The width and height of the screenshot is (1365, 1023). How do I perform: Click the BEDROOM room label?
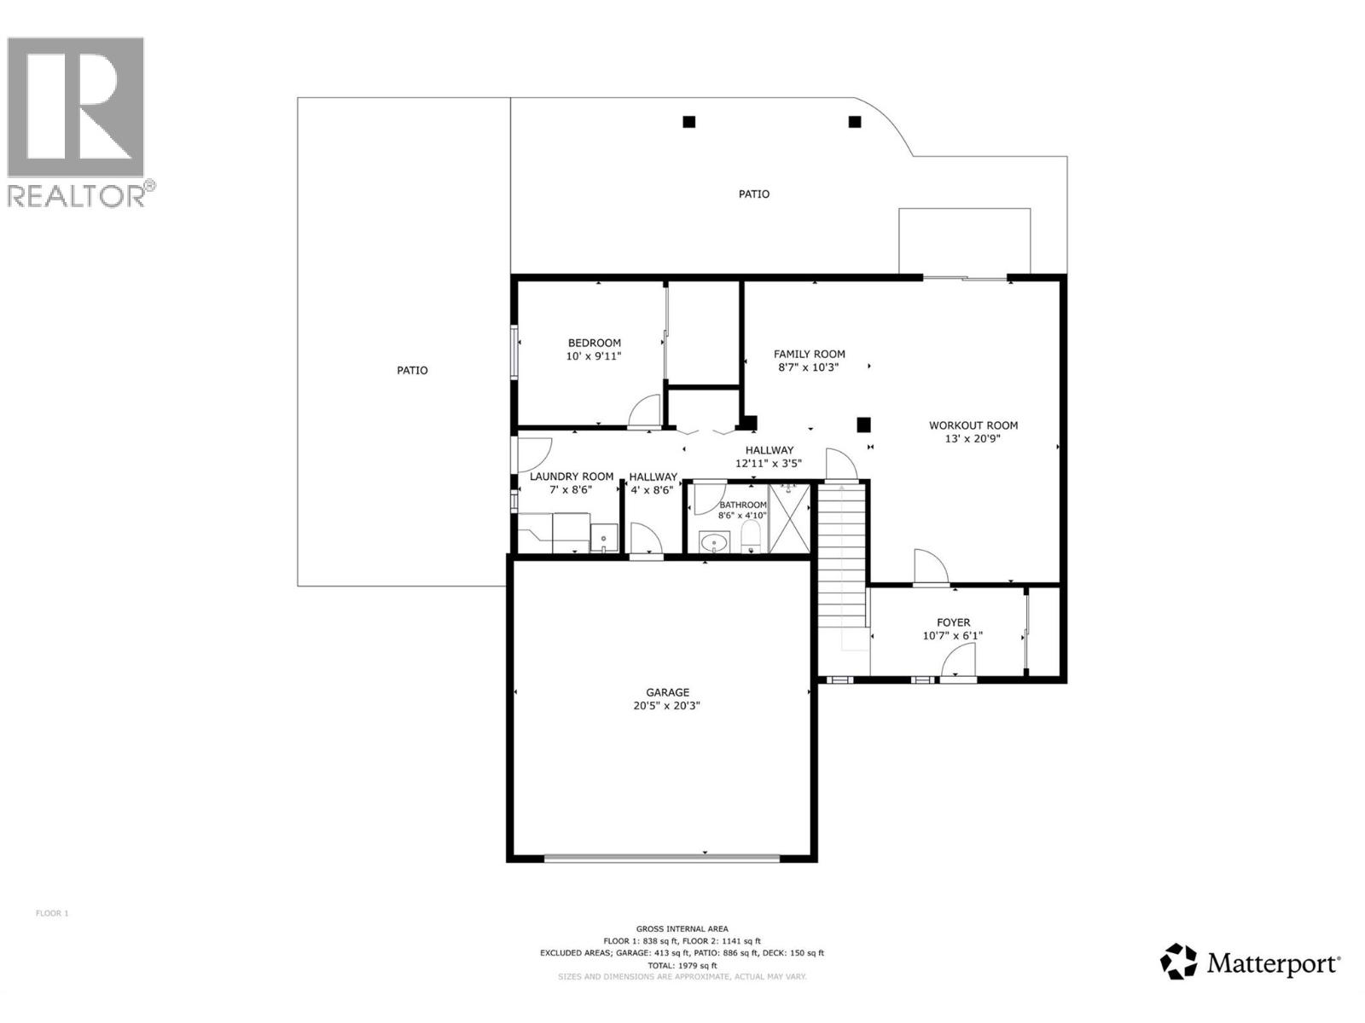(x=595, y=343)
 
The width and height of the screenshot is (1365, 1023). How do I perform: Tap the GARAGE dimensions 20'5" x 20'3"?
(x=667, y=706)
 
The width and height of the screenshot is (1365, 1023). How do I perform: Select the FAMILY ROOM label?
(x=809, y=354)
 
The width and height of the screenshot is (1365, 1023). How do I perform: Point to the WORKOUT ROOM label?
(x=973, y=425)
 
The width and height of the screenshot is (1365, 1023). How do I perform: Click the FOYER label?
(x=953, y=622)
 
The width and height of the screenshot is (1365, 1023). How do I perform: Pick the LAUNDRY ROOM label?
(x=571, y=477)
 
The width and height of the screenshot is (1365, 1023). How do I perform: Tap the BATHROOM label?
(x=742, y=505)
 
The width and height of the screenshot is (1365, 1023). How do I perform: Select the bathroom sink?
(x=713, y=541)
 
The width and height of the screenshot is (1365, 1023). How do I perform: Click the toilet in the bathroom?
(x=751, y=537)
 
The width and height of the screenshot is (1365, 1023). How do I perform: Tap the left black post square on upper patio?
(x=689, y=122)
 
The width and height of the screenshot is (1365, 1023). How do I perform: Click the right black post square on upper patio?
(x=855, y=122)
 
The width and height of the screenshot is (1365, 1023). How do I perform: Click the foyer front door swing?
(x=959, y=661)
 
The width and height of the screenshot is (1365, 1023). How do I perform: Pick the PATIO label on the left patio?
(x=412, y=371)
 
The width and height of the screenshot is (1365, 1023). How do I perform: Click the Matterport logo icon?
(x=1178, y=962)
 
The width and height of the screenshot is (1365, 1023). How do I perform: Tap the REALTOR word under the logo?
(x=77, y=195)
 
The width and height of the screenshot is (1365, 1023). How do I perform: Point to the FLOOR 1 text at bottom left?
(x=51, y=913)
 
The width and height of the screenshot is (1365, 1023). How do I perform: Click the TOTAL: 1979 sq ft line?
(x=682, y=965)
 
